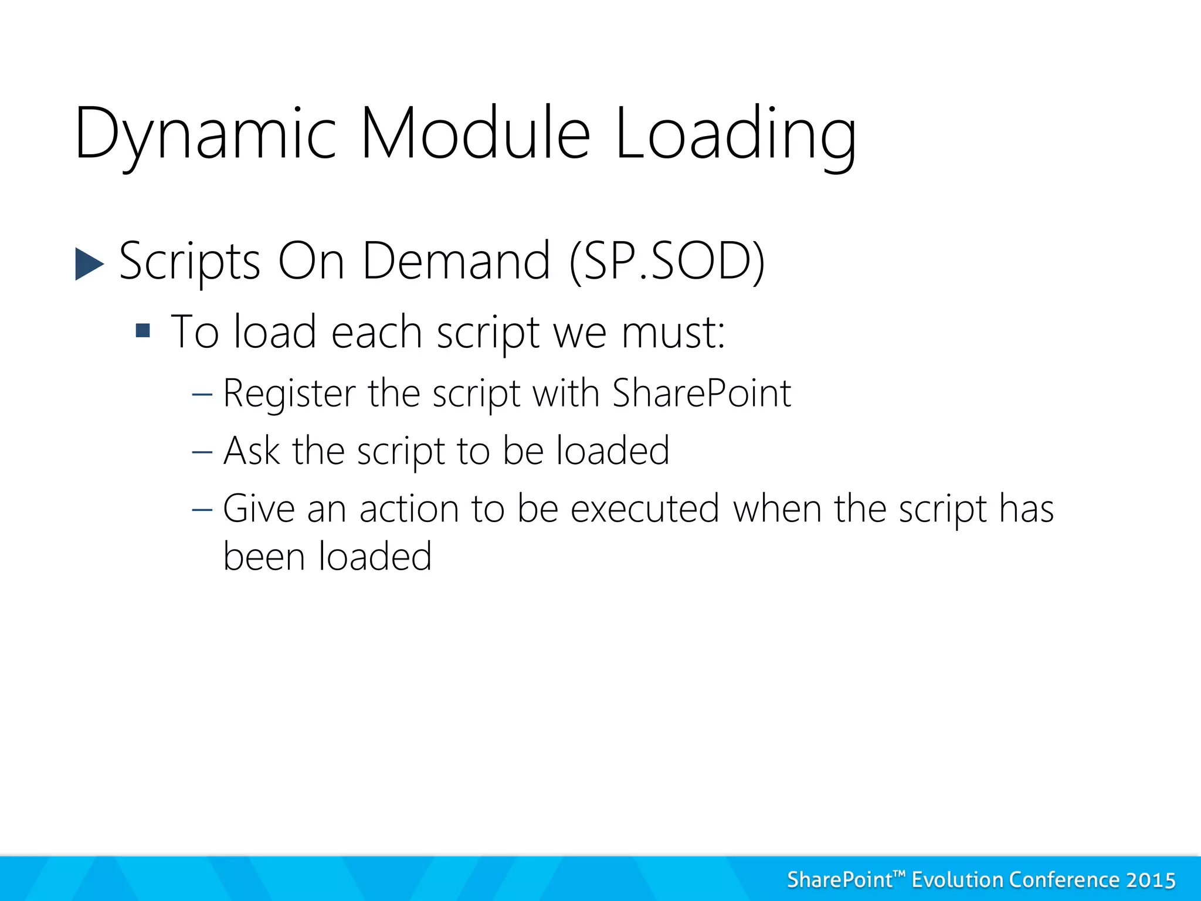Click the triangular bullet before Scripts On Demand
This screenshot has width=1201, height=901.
tap(89, 264)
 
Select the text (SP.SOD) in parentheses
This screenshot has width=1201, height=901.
tap(667, 262)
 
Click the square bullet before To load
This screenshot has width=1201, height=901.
tap(143, 331)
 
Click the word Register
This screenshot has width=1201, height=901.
tap(289, 394)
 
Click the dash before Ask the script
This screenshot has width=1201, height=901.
tap(202, 452)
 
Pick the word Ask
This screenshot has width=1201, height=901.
tap(252, 451)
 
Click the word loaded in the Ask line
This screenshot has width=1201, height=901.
tap(612, 451)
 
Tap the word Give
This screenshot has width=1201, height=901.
tap(258, 509)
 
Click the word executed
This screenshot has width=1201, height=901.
tap(644, 509)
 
